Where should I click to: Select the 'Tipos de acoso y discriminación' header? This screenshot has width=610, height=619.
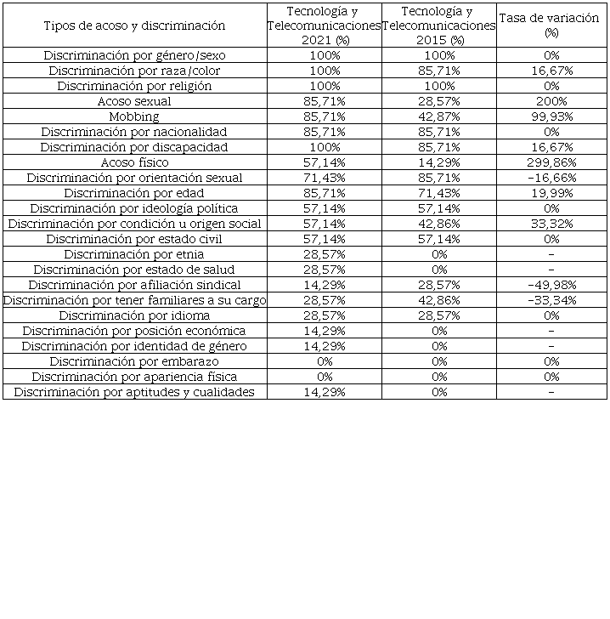click(x=134, y=26)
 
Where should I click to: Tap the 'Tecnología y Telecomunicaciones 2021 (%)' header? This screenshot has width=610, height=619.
click(x=324, y=25)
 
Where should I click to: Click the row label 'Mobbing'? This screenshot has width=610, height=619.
click(x=134, y=116)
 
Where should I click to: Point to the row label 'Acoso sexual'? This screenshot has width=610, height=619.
click(x=134, y=101)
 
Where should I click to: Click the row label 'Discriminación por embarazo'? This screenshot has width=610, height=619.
click(x=134, y=361)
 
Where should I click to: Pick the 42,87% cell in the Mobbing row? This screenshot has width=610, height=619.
click(x=438, y=116)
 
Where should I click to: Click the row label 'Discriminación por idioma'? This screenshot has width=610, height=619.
click(x=134, y=315)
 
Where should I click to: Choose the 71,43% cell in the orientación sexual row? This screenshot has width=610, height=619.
click(x=324, y=178)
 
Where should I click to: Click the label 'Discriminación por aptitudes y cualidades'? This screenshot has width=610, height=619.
click(x=134, y=392)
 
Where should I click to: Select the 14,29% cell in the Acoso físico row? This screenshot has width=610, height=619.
click(x=438, y=162)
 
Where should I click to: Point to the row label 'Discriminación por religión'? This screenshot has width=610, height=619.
click(x=134, y=86)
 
